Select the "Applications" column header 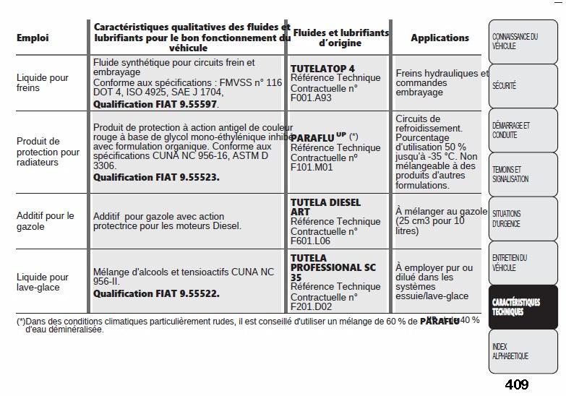tap(439, 38)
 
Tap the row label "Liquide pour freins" tap(42, 82)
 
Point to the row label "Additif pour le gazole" tap(45, 221)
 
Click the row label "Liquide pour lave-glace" tap(42, 282)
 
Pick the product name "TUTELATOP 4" tap(322, 69)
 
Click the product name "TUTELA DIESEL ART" tap(325, 207)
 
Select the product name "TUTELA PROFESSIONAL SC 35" tap(333, 267)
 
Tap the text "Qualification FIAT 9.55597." tap(155, 104)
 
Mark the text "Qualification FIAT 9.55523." tap(156, 177)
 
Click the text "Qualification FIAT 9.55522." tap(156, 294)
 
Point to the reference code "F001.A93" tap(311, 98)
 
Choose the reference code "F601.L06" tap(310, 241)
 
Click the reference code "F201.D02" tap(311, 306)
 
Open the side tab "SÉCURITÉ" tap(505, 86)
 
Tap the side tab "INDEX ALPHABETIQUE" tap(510, 352)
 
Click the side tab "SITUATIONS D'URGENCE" tap(507, 219)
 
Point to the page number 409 tap(516, 384)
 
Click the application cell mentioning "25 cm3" tap(440, 221)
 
